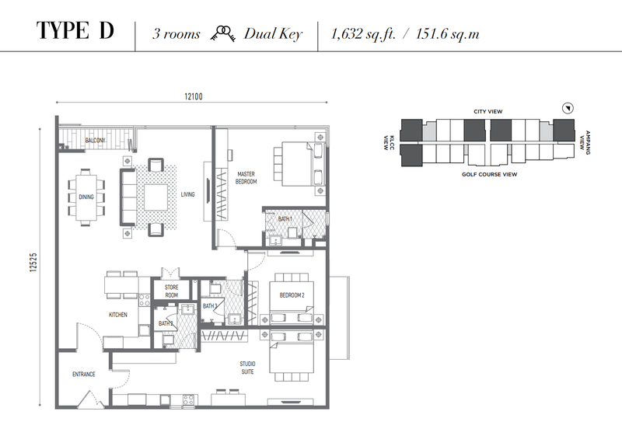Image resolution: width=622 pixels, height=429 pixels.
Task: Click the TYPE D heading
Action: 75,30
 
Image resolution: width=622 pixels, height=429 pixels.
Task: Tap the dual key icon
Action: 223,33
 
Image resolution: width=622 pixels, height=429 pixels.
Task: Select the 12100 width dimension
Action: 194,96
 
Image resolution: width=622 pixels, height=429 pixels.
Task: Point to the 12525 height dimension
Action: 33,262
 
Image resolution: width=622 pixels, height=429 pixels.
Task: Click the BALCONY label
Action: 95,141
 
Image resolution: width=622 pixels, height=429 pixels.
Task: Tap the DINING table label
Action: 86,197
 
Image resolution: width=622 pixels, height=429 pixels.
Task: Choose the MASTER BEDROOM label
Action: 246,178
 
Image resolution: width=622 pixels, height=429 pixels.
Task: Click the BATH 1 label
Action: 285,219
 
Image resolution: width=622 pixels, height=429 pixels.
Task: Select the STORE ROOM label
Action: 171,291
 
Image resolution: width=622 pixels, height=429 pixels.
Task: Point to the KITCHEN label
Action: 118,315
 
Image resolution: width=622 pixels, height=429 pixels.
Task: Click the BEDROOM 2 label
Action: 292,295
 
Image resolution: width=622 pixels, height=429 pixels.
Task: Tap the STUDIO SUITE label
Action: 247,368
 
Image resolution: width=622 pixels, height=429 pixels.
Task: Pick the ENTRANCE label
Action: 84,374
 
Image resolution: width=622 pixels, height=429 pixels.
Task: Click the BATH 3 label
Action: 210,305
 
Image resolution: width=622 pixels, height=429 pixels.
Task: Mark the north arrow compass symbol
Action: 568,108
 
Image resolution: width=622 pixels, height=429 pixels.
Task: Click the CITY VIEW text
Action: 488,111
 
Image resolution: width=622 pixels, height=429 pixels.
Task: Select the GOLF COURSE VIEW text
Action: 490,174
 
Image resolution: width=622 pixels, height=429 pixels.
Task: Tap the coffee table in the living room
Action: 155,197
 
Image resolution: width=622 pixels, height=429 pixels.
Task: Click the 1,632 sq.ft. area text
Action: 363,33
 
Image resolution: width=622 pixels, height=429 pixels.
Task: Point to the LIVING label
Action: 187,194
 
